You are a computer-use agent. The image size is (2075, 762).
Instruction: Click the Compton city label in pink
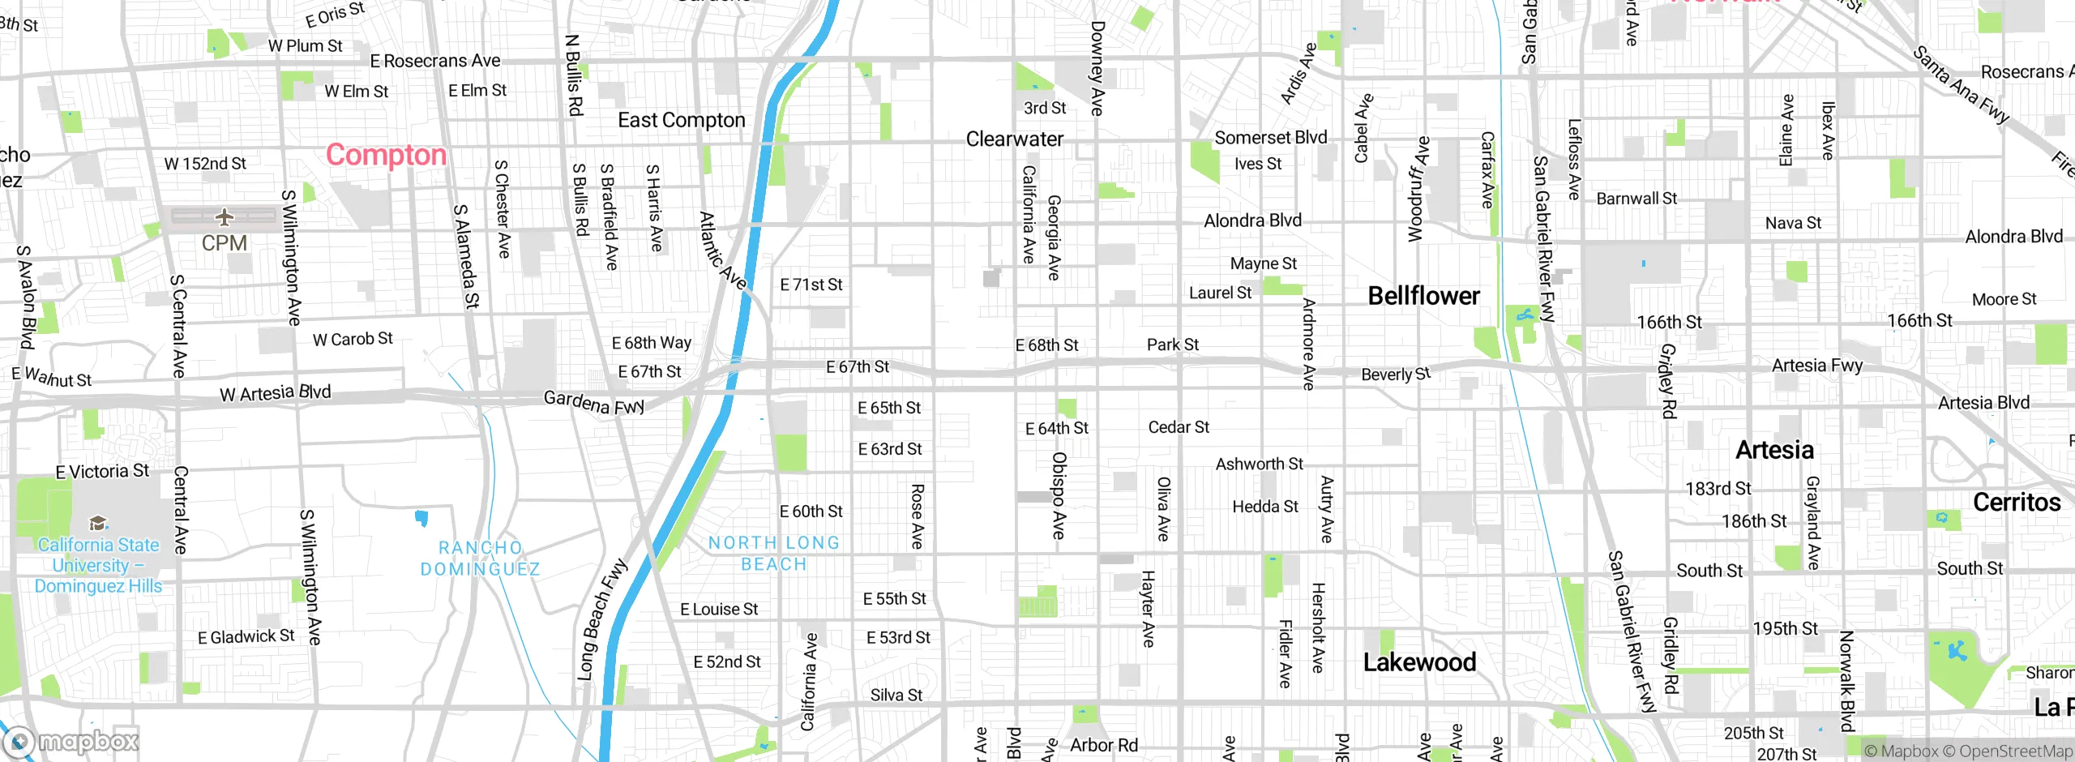click(386, 155)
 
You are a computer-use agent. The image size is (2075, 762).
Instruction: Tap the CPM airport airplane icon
click(225, 216)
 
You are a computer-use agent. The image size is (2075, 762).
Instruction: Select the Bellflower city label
click(1423, 296)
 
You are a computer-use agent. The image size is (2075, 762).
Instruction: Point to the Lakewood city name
click(1419, 662)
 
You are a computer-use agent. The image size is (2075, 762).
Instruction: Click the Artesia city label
click(1774, 450)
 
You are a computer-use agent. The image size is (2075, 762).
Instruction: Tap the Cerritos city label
click(2017, 503)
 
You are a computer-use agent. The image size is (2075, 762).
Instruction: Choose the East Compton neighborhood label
click(681, 120)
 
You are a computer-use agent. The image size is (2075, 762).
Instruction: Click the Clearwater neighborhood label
click(1014, 139)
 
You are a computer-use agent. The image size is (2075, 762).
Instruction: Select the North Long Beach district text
click(774, 554)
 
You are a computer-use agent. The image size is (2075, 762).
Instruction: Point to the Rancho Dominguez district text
click(480, 559)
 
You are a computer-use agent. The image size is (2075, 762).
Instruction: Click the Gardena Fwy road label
click(593, 402)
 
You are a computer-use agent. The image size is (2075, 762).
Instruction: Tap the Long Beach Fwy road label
click(601, 619)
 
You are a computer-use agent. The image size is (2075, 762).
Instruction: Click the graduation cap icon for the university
click(98, 523)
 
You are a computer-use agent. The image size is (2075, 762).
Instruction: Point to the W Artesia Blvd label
click(276, 393)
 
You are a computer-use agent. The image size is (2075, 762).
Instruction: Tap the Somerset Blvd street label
click(1270, 138)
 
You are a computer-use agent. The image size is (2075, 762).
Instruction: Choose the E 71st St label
click(811, 285)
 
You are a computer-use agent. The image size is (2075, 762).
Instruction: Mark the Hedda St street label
click(1264, 507)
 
